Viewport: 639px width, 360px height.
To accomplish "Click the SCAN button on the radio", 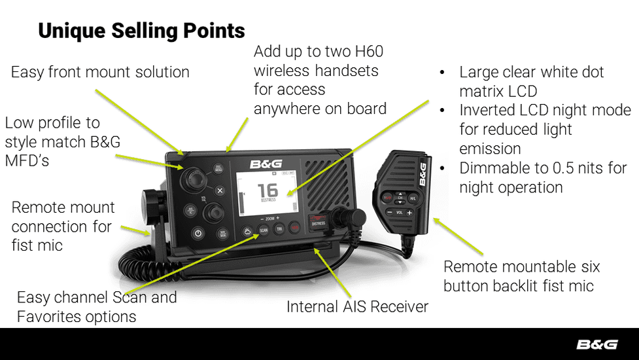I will pyautogui.click(x=263, y=230).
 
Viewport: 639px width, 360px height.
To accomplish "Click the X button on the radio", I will pyautogui.click(x=220, y=191).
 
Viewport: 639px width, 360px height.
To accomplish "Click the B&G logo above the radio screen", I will pyautogui.click(x=266, y=164).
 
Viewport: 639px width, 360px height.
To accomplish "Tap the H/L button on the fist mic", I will pyautogui.click(x=412, y=197).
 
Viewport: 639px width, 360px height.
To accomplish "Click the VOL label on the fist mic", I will pyautogui.click(x=398, y=213).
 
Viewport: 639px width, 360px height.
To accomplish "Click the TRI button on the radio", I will pyautogui.click(x=279, y=229).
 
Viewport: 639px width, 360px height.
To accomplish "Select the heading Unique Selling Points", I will pyautogui.click(x=141, y=31).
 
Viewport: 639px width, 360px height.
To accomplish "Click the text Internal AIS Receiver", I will pyautogui.click(x=357, y=306).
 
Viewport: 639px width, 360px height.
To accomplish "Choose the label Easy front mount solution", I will pyautogui.click(x=100, y=72).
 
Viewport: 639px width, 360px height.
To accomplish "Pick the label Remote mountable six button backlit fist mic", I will pyautogui.click(x=521, y=276).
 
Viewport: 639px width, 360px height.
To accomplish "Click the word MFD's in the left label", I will pyautogui.click(x=27, y=160).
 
